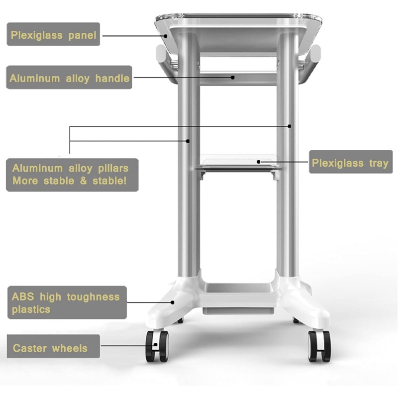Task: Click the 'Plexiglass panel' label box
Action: coord(53,34)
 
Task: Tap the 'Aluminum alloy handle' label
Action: coord(69,78)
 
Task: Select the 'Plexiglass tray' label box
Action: coord(351,162)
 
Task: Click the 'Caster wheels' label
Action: coord(53,346)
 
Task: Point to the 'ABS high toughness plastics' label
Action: coord(67,302)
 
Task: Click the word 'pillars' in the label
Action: coord(113,169)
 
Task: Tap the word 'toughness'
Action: coord(93,297)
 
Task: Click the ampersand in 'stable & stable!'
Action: coord(83,181)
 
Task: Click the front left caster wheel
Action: coord(157,346)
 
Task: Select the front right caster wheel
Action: coord(319,346)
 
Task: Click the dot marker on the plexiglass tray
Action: coord(258,162)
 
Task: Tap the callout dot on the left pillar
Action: coord(188,141)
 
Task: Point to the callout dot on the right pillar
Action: coord(290,126)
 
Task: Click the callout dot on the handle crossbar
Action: coord(233,78)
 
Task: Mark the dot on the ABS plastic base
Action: coord(173,302)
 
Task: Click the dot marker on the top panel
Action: coord(166,36)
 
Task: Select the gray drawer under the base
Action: coord(238,311)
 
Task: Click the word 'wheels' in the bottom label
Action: coord(70,348)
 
